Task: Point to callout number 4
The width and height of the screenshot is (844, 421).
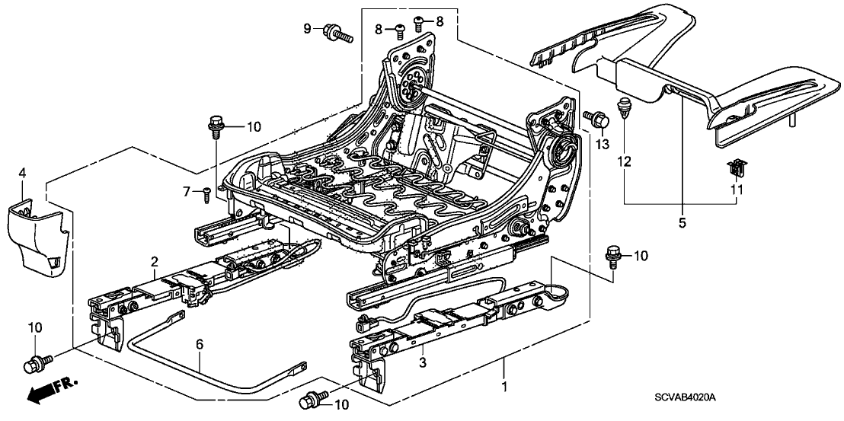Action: coord(23,176)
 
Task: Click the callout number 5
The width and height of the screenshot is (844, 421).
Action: coord(682,222)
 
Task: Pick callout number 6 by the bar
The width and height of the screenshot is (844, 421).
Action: coord(200,344)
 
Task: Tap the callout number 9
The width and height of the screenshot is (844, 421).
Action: coord(308,29)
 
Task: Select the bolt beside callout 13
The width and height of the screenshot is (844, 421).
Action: coord(596,118)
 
